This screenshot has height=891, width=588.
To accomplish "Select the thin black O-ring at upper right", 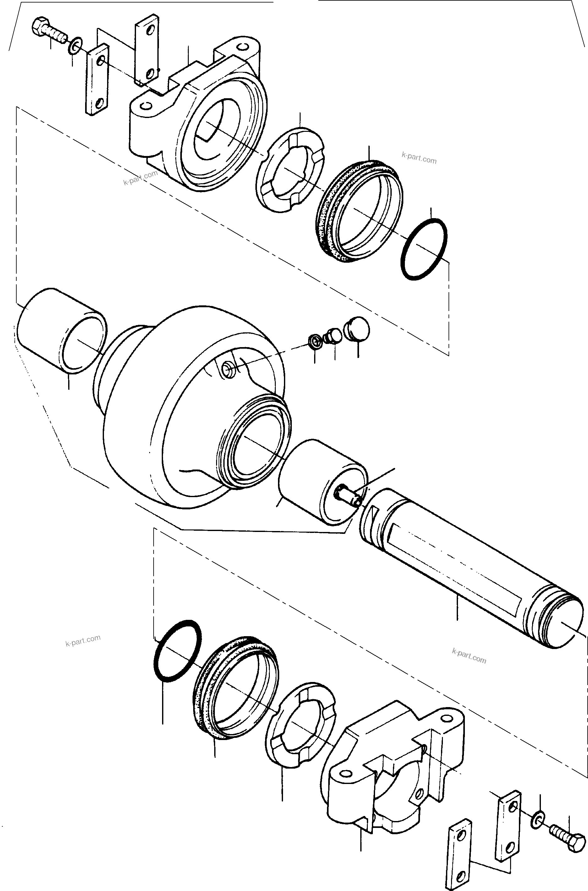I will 424,249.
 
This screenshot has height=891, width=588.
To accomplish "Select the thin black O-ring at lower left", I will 177,651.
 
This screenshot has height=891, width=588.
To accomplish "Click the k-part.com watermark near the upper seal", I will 419,158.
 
